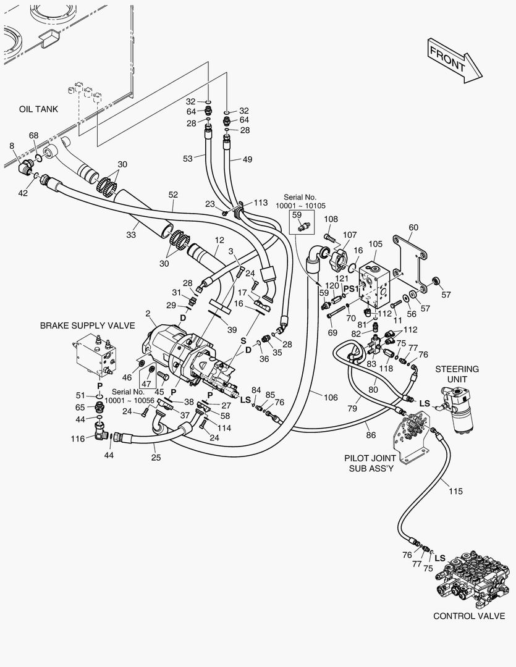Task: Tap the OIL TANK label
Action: click(x=38, y=109)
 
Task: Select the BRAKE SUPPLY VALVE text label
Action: click(x=87, y=326)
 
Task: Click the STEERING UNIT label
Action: click(x=457, y=374)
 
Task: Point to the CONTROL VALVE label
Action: click(x=469, y=616)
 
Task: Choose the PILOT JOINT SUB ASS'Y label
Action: click(x=370, y=463)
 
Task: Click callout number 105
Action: click(x=375, y=244)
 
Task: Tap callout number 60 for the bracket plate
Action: click(x=413, y=227)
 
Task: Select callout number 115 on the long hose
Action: click(x=455, y=492)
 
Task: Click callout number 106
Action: click(x=331, y=397)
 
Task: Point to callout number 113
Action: click(x=261, y=203)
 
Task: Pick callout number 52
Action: click(x=173, y=195)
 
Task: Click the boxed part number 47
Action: click(x=146, y=383)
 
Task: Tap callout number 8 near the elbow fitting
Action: click(x=12, y=146)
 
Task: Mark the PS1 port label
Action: click(x=351, y=289)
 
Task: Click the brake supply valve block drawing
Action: click(x=96, y=354)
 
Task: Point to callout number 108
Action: click(x=331, y=219)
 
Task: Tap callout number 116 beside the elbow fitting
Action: click(x=77, y=438)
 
